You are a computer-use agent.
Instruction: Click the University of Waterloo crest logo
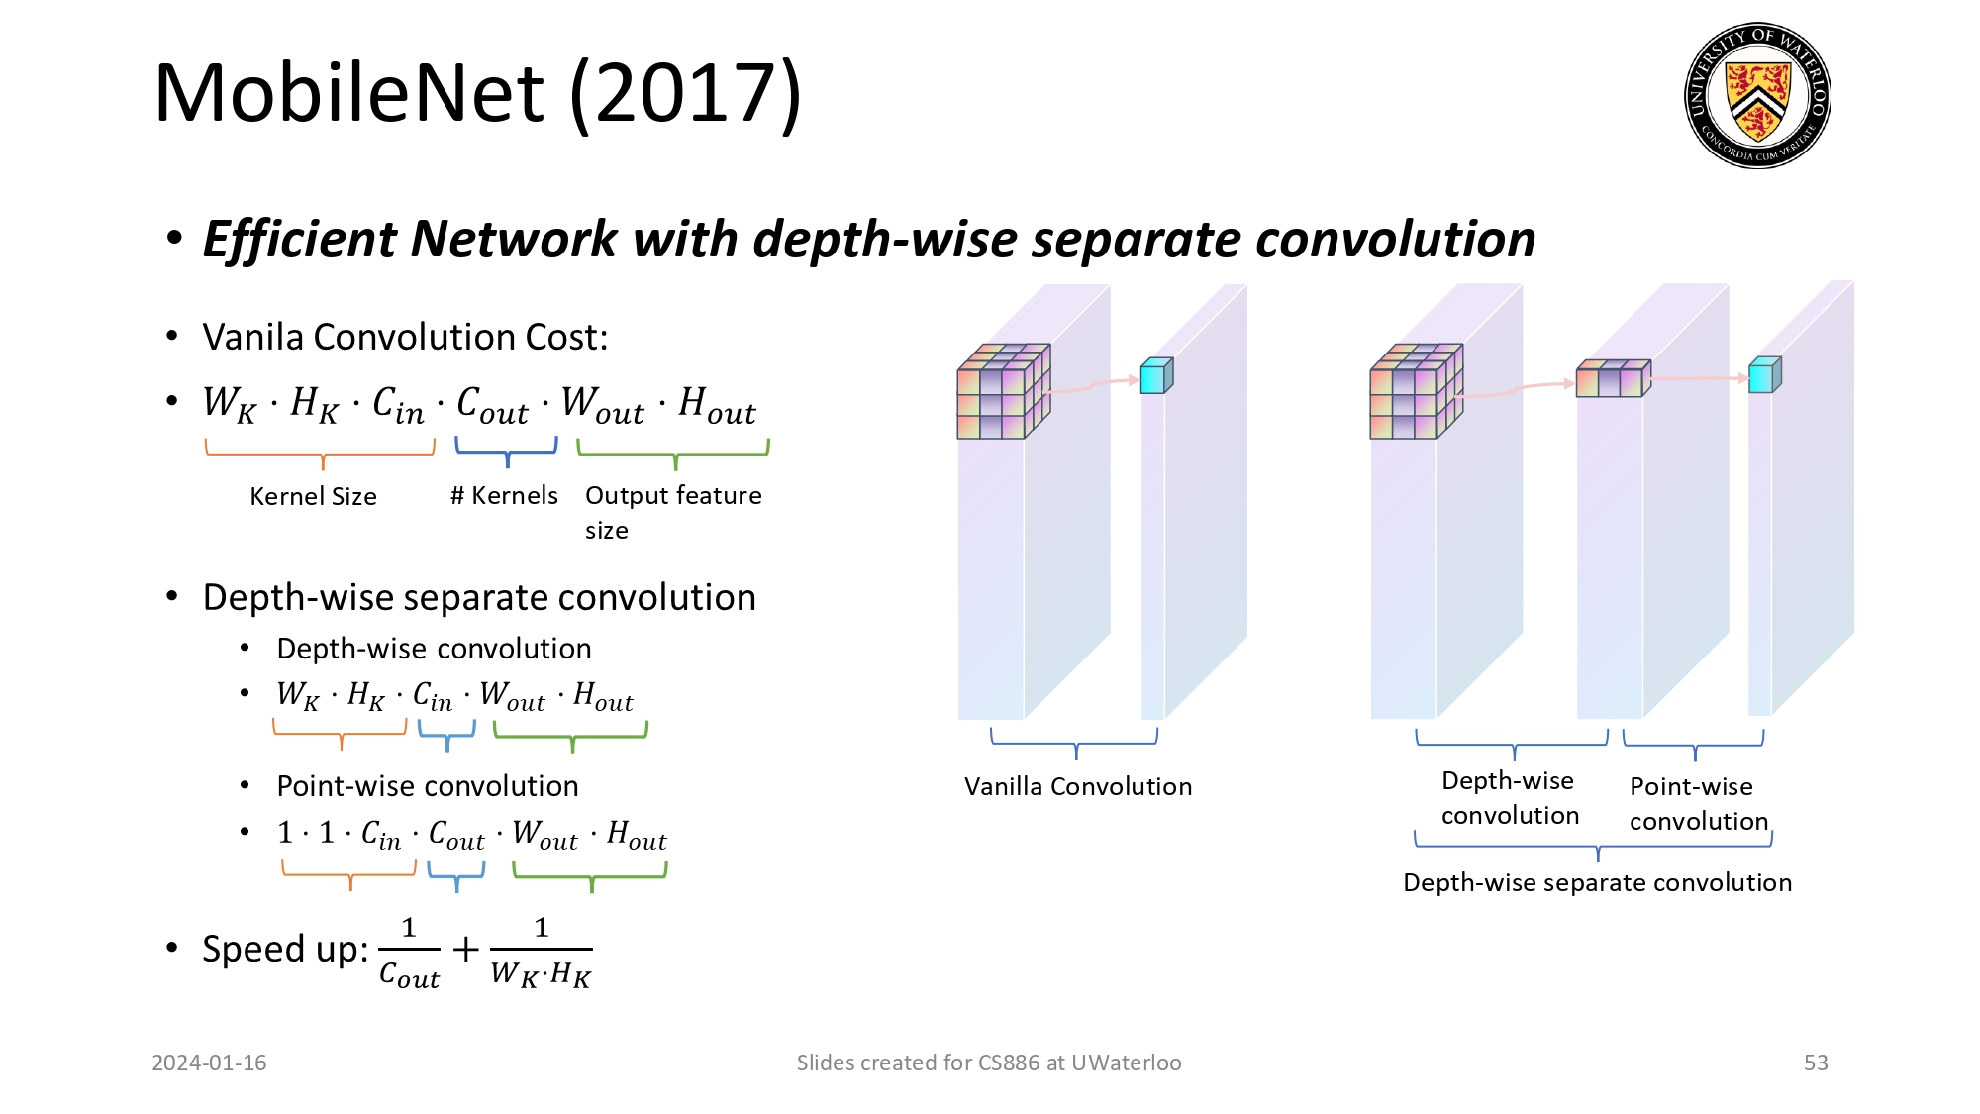point(1757,95)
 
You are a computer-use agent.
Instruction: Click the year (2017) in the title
point(685,93)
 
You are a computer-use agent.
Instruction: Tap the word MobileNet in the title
point(348,93)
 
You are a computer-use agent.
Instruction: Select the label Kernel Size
point(313,496)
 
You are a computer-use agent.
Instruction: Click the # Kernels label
point(504,495)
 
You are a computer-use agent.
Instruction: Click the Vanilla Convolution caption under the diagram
point(1078,786)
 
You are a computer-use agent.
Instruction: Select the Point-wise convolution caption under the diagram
point(1697,803)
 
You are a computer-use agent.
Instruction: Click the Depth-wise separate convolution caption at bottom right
point(1597,882)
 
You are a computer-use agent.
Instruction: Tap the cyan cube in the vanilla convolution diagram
point(1155,376)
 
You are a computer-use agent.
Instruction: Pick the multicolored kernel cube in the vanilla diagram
point(1001,392)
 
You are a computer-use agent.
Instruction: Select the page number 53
point(1816,1063)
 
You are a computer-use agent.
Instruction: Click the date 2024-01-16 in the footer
point(209,1063)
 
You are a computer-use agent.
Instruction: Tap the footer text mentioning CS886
point(988,1063)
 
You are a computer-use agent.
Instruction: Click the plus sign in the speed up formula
point(465,950)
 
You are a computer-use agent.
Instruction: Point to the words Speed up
point(283,949)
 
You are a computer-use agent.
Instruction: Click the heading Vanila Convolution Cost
point(405,338)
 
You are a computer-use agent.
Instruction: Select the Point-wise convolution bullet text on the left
point(427,786)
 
